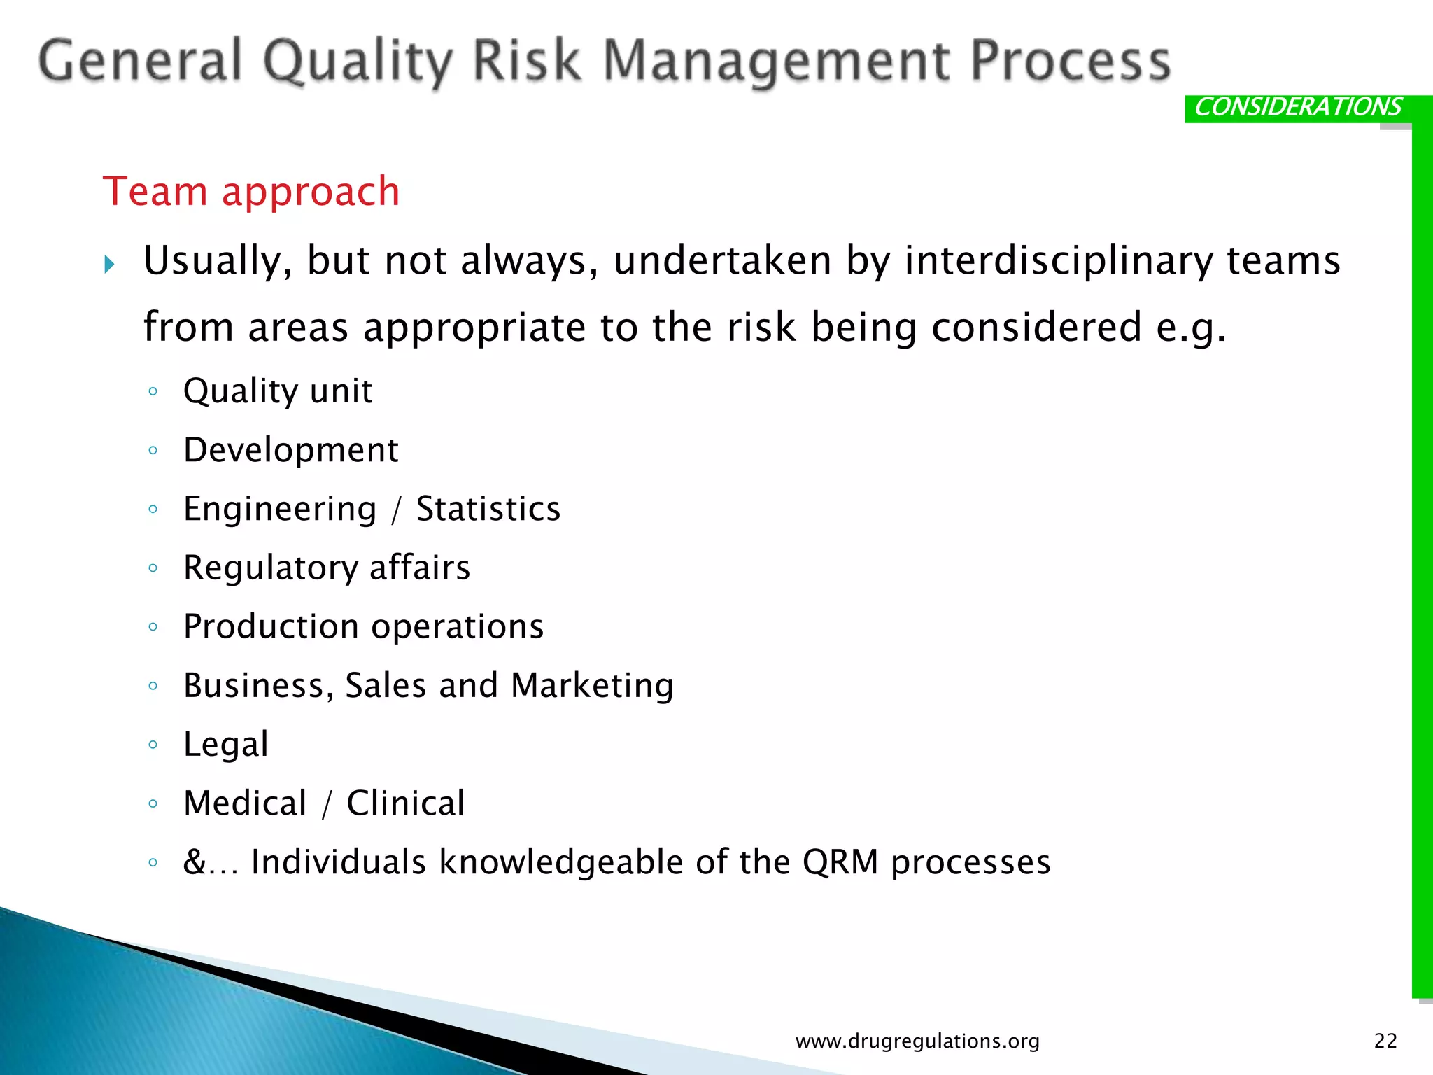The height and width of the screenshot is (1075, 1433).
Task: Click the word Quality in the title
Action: [x=358, y=62]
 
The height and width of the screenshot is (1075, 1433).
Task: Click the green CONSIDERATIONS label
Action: [x=1298, y=107]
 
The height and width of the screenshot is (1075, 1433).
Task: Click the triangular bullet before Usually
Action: [x=109, y=265]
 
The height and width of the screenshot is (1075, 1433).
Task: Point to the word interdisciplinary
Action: [x=1058, y=260]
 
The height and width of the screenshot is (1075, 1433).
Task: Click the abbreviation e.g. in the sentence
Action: [x=1190, y=328]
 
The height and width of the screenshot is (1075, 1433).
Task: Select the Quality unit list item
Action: [x=278, y=391]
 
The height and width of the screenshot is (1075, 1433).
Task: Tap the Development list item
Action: [x=290, y=449]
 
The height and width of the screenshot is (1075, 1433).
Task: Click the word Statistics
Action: [x=488, y=508]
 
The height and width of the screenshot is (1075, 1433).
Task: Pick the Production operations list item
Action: [x=363, y=626]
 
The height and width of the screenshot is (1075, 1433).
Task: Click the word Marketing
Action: [x=592, y=685]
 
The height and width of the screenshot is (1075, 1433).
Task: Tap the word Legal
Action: [x=225, y=744]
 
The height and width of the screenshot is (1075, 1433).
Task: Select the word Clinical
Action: [x=406, y=803]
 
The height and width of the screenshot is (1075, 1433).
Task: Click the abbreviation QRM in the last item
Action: [x=840, y=862]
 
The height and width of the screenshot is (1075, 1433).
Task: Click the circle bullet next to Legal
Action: [x=153, y=745]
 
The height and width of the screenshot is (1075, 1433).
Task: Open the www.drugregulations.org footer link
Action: [x=917, y=1041]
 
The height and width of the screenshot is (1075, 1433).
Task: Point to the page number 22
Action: [x=1385, y=1041]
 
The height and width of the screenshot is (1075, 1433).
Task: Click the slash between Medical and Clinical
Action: [x=327, y=803]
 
